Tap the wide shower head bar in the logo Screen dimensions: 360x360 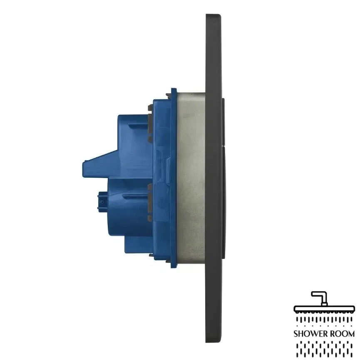[324, 309]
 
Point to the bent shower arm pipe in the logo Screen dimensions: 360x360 [320, 297]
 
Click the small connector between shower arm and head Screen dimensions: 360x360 [324, 304]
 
